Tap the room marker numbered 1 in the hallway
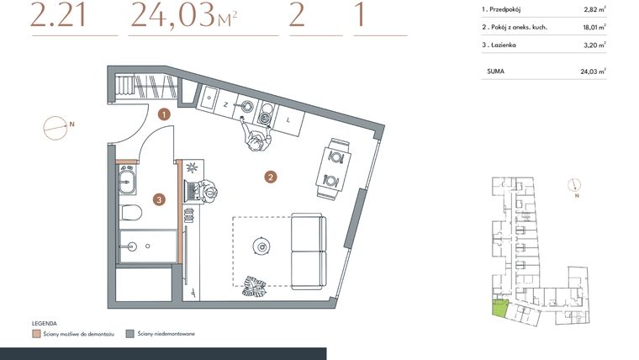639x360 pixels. [165, 113]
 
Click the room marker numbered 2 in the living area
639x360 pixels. [270, 177]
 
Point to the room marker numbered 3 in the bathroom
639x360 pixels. [158, 199]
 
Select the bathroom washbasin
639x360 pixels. [129, 178]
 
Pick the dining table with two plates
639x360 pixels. [333, 168]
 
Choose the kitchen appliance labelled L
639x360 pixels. [288, 120]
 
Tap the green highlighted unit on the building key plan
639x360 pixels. [499, 309]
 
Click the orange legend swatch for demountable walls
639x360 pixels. [36, 334]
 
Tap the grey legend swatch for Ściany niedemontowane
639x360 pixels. [129, 334]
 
